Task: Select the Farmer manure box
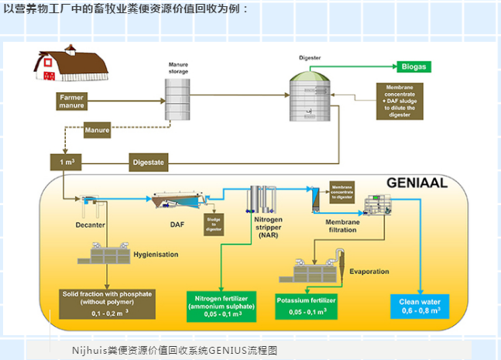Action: coord(71,101)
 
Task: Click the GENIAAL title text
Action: coord(417,183)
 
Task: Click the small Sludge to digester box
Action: coord(213,224)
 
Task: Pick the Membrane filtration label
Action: coord(335,226)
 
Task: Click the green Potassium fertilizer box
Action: coord(306,305)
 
